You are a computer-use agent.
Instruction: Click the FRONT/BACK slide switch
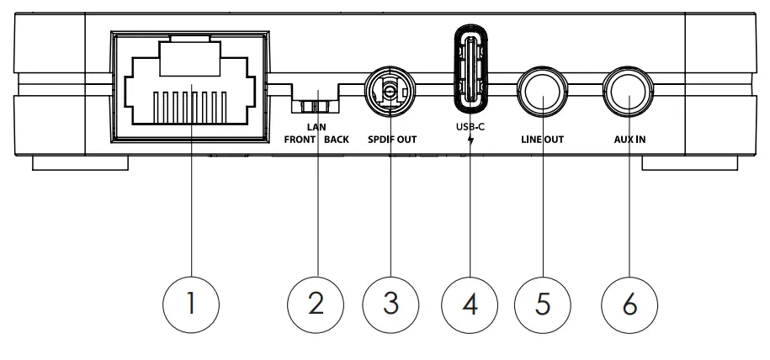316,108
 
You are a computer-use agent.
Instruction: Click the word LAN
316,125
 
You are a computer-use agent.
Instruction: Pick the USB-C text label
471,127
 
